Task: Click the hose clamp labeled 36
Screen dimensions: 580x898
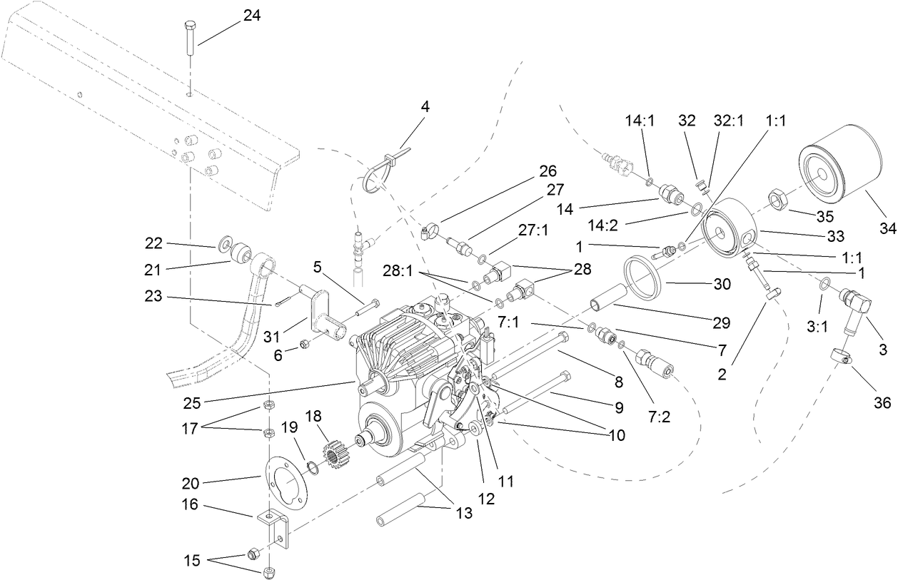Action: tap(842, 355)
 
